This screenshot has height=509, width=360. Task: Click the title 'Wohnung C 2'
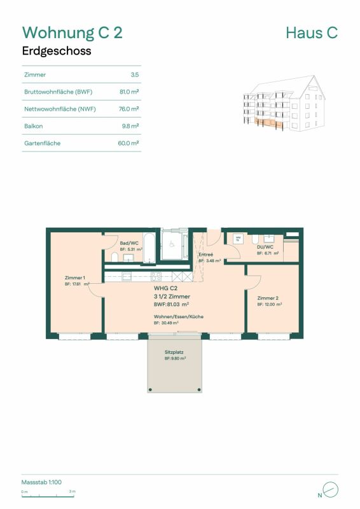click(72, 32)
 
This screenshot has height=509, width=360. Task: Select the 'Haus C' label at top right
click(312, 32)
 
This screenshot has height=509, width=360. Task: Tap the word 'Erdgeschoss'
click(57, 52)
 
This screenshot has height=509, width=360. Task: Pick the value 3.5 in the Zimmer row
click(134, 75)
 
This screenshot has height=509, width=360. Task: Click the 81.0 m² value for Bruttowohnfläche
click(129, 92)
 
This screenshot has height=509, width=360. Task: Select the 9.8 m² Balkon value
click(130, 126)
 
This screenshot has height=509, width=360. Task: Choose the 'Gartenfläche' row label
click(42, 143)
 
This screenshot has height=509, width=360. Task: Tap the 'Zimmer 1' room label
click(75, 278)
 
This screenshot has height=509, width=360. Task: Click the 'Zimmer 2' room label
click(268, 298)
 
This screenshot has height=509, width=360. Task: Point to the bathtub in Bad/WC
click(148, 248)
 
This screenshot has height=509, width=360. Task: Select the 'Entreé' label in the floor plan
click(207, 254)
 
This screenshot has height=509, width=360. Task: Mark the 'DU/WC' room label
click(265, 247)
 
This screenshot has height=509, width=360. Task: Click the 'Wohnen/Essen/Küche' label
click(178, 316)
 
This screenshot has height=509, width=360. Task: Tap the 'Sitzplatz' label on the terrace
click(174, 352)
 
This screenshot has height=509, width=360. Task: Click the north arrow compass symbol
click(330, 489)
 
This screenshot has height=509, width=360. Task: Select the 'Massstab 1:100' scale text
click(41, 482)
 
